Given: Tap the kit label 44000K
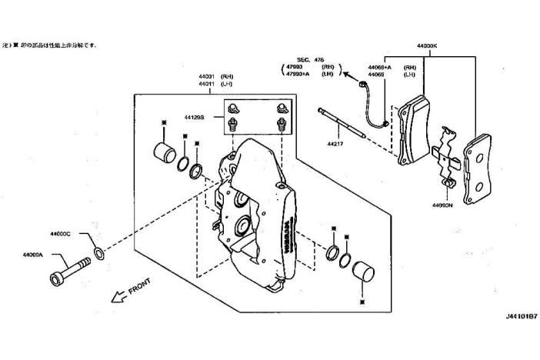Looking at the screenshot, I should [x=427, y=46].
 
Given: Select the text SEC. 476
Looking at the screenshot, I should [x=312, y=59].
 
